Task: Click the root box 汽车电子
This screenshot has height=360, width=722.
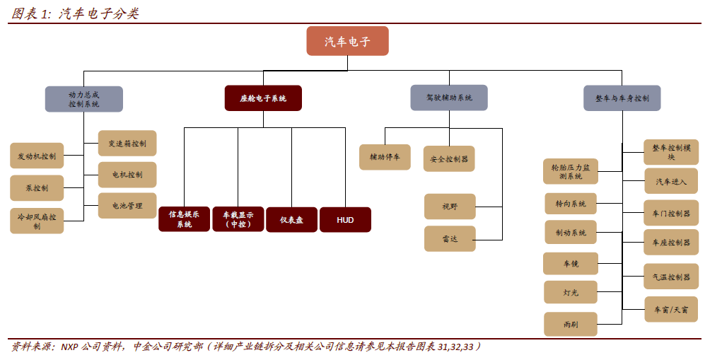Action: (347, 41)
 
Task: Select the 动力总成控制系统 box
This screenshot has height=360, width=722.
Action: (83, 99)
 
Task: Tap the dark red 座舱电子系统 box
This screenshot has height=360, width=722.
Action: (263, 98)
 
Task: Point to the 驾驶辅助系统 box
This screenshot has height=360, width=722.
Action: (448, 98)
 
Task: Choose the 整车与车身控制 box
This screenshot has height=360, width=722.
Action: (622, 98)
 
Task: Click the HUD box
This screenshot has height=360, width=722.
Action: (345, 220)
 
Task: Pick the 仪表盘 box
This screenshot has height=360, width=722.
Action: (291, 220)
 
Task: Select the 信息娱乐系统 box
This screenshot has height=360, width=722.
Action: (184, 219)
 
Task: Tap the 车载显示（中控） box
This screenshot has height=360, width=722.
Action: (238, 219)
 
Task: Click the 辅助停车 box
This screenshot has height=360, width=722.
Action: (384, 157)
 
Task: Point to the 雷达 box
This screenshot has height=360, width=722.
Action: (450, 239)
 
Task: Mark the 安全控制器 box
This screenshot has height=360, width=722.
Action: (449, 159)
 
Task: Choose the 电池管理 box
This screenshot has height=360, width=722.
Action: (127, 206)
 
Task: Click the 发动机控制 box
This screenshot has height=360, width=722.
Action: (37, 156)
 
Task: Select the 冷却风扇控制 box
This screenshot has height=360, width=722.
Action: (37, 221)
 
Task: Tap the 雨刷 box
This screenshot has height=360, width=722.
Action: (571, 324)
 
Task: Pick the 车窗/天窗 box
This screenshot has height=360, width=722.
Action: (671, 310)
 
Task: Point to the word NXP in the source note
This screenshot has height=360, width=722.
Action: (69, 347)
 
